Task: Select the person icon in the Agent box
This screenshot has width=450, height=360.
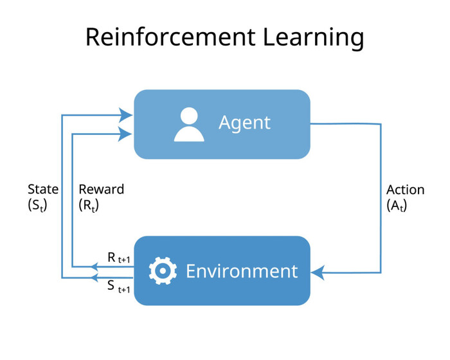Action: (x=189, y=124)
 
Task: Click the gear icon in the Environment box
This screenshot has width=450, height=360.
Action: (x=163, y=271)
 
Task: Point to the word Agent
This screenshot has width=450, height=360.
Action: (x=245, y=123)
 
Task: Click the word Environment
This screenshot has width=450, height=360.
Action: (x=242, y=271)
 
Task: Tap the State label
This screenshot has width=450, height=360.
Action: (x=43, y=190)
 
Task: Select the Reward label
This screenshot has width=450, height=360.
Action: (x=102, y=190)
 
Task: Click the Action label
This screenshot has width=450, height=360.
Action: (x=406, y=190)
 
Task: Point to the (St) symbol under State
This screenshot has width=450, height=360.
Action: (x=39, y=206)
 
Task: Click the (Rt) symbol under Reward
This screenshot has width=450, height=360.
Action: (x=89, y=206)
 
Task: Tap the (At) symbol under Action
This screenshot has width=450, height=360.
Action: (x=397, y=206)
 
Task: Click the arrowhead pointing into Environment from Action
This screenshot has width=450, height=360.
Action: (x=316, y=273)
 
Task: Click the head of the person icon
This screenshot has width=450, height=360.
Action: (x=189, y=116)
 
